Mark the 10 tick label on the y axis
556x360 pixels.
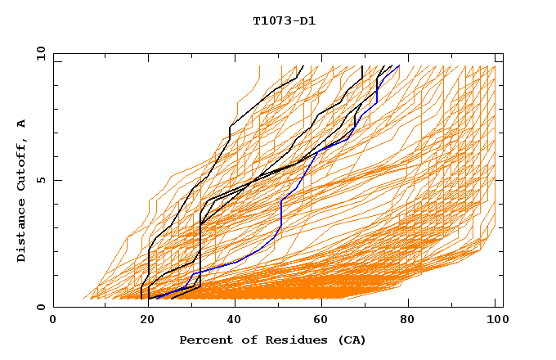(40, 53)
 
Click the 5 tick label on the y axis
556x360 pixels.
(43, 180)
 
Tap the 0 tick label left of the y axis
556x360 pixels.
(43, 307)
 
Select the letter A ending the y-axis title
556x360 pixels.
(21, 123)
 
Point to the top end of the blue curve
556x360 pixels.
(399, 66)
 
